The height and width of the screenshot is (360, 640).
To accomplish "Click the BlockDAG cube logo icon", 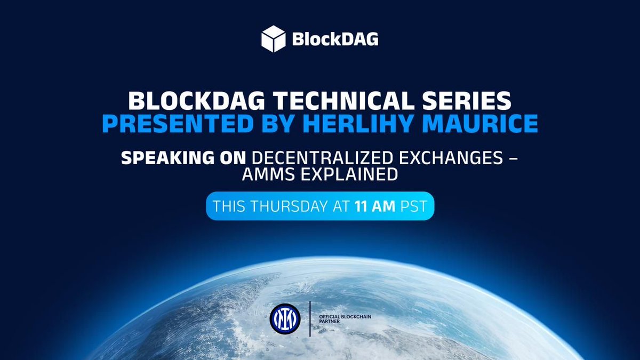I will [274, 39].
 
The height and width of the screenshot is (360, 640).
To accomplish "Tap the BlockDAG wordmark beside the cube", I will [335, 40].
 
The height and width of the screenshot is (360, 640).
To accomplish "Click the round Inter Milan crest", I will [285, 319].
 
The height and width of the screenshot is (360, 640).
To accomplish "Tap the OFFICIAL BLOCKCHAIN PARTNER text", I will [344, 319].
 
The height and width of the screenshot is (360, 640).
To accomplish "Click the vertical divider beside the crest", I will [310, 319].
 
